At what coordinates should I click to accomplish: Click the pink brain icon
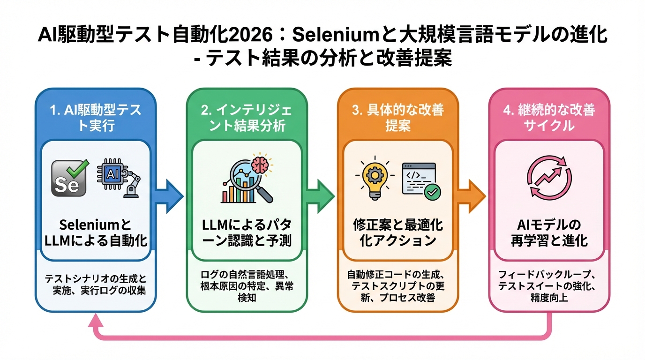click(x=261, y=164)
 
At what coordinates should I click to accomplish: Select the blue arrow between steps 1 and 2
click(x=169, y=194)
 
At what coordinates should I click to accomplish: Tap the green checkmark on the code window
click(x=433, y=192)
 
